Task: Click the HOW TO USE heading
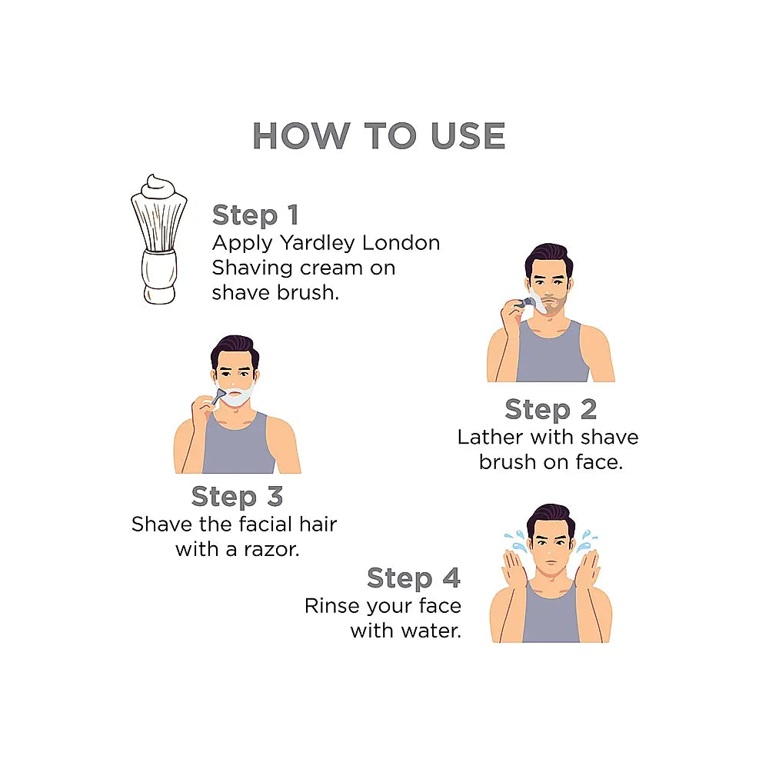tap(378, 135)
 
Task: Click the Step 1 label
tap(255, 215)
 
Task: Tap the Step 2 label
tap(551, 410)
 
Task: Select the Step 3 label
tap(237, 496)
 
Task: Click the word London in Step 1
tap(401, 243)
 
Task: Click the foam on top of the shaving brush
tap(158, 187)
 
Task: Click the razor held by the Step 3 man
tap(218, 396)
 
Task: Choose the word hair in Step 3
tap(318, 524)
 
